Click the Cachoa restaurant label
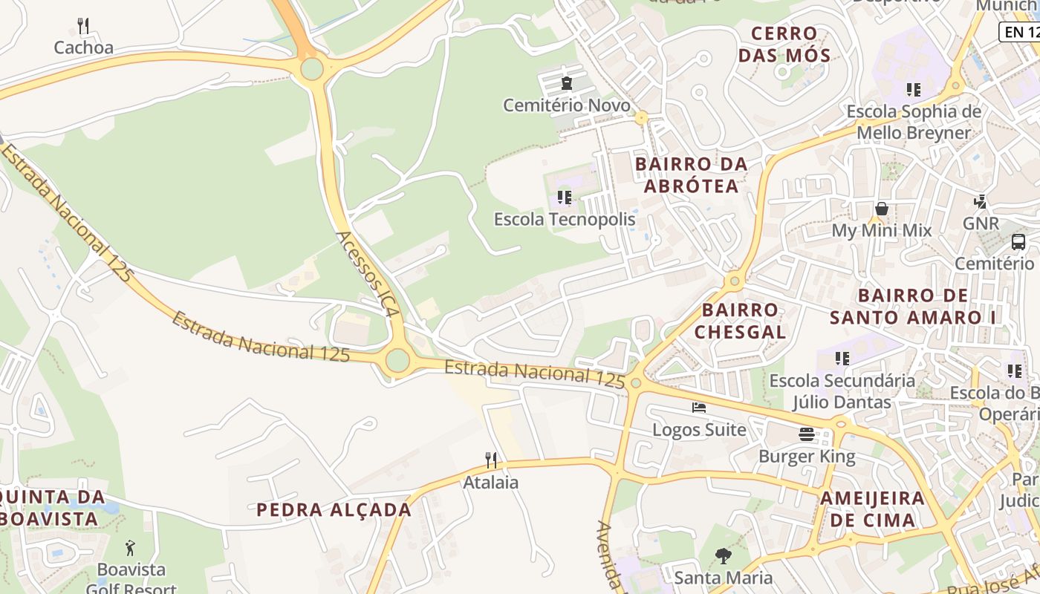click(84, 48)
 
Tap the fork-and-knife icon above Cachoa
click(83, 27)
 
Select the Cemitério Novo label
click(567, 105)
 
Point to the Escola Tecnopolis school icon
click(565, 198)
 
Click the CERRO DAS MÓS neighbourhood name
click(790, 44)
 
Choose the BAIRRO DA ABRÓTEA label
click(691, 174)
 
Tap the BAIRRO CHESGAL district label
click(740, 320)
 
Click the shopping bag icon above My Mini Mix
click(882, 209)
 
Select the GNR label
click(981, 223)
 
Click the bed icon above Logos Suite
click(699, 407)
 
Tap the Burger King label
click(807, 456)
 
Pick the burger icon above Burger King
click(807, 434)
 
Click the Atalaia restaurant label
click(491, 482)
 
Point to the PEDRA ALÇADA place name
click(334, 509)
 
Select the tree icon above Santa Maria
click(723, 555)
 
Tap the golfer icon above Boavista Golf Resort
click(131, 548)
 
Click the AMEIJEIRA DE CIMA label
click(872, 509)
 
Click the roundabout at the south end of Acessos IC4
click(397, 361)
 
